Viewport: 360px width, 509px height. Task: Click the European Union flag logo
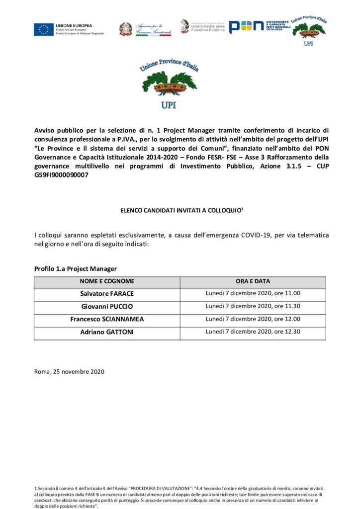(44, 29)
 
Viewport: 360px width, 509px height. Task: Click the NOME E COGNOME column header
(107, 281)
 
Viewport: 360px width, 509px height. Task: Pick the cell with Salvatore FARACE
(107, 294)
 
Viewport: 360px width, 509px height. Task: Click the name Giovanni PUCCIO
(107, 306)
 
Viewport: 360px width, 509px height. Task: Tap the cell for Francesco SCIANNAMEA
(107, 319)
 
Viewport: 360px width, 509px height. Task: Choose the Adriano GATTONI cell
(107, 332)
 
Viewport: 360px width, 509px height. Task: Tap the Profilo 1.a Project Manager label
(76, 269)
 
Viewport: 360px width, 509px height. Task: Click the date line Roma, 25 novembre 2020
(70, 371)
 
